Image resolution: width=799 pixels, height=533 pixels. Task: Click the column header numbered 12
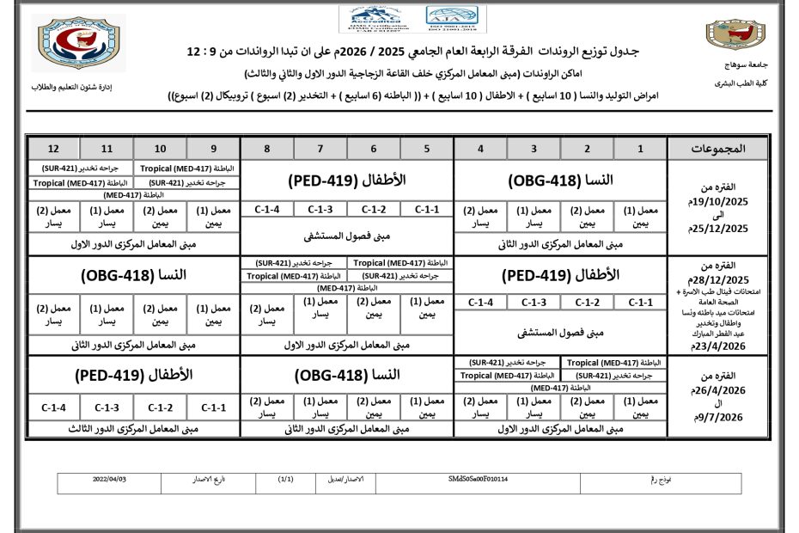pyautogui.click(x=53, y=149)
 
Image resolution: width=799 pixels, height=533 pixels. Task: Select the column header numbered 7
pyautogui.click(x=319, y=149)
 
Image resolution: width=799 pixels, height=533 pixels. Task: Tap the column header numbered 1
pyautogui.click(x=640, y=149)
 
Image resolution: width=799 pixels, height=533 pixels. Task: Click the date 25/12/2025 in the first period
pyautogui.click(x=720, y=228)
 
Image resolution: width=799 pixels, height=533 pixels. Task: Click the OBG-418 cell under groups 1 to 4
pyautogui.click(x=560, y=181)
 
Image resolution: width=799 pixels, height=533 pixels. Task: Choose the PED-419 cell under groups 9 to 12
pyautogui.click(x=133, y=376)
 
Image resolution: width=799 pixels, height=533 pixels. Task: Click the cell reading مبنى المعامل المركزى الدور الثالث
pyautogui.click(x=133, y=426)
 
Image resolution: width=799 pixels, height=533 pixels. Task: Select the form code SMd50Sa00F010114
pyautogui.click(x=478, y=478)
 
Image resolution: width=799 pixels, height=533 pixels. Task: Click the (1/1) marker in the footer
pyautogui.click(x=287, y=478)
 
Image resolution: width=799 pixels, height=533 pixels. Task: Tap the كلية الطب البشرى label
pyautogui.click(x=733, y=83)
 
